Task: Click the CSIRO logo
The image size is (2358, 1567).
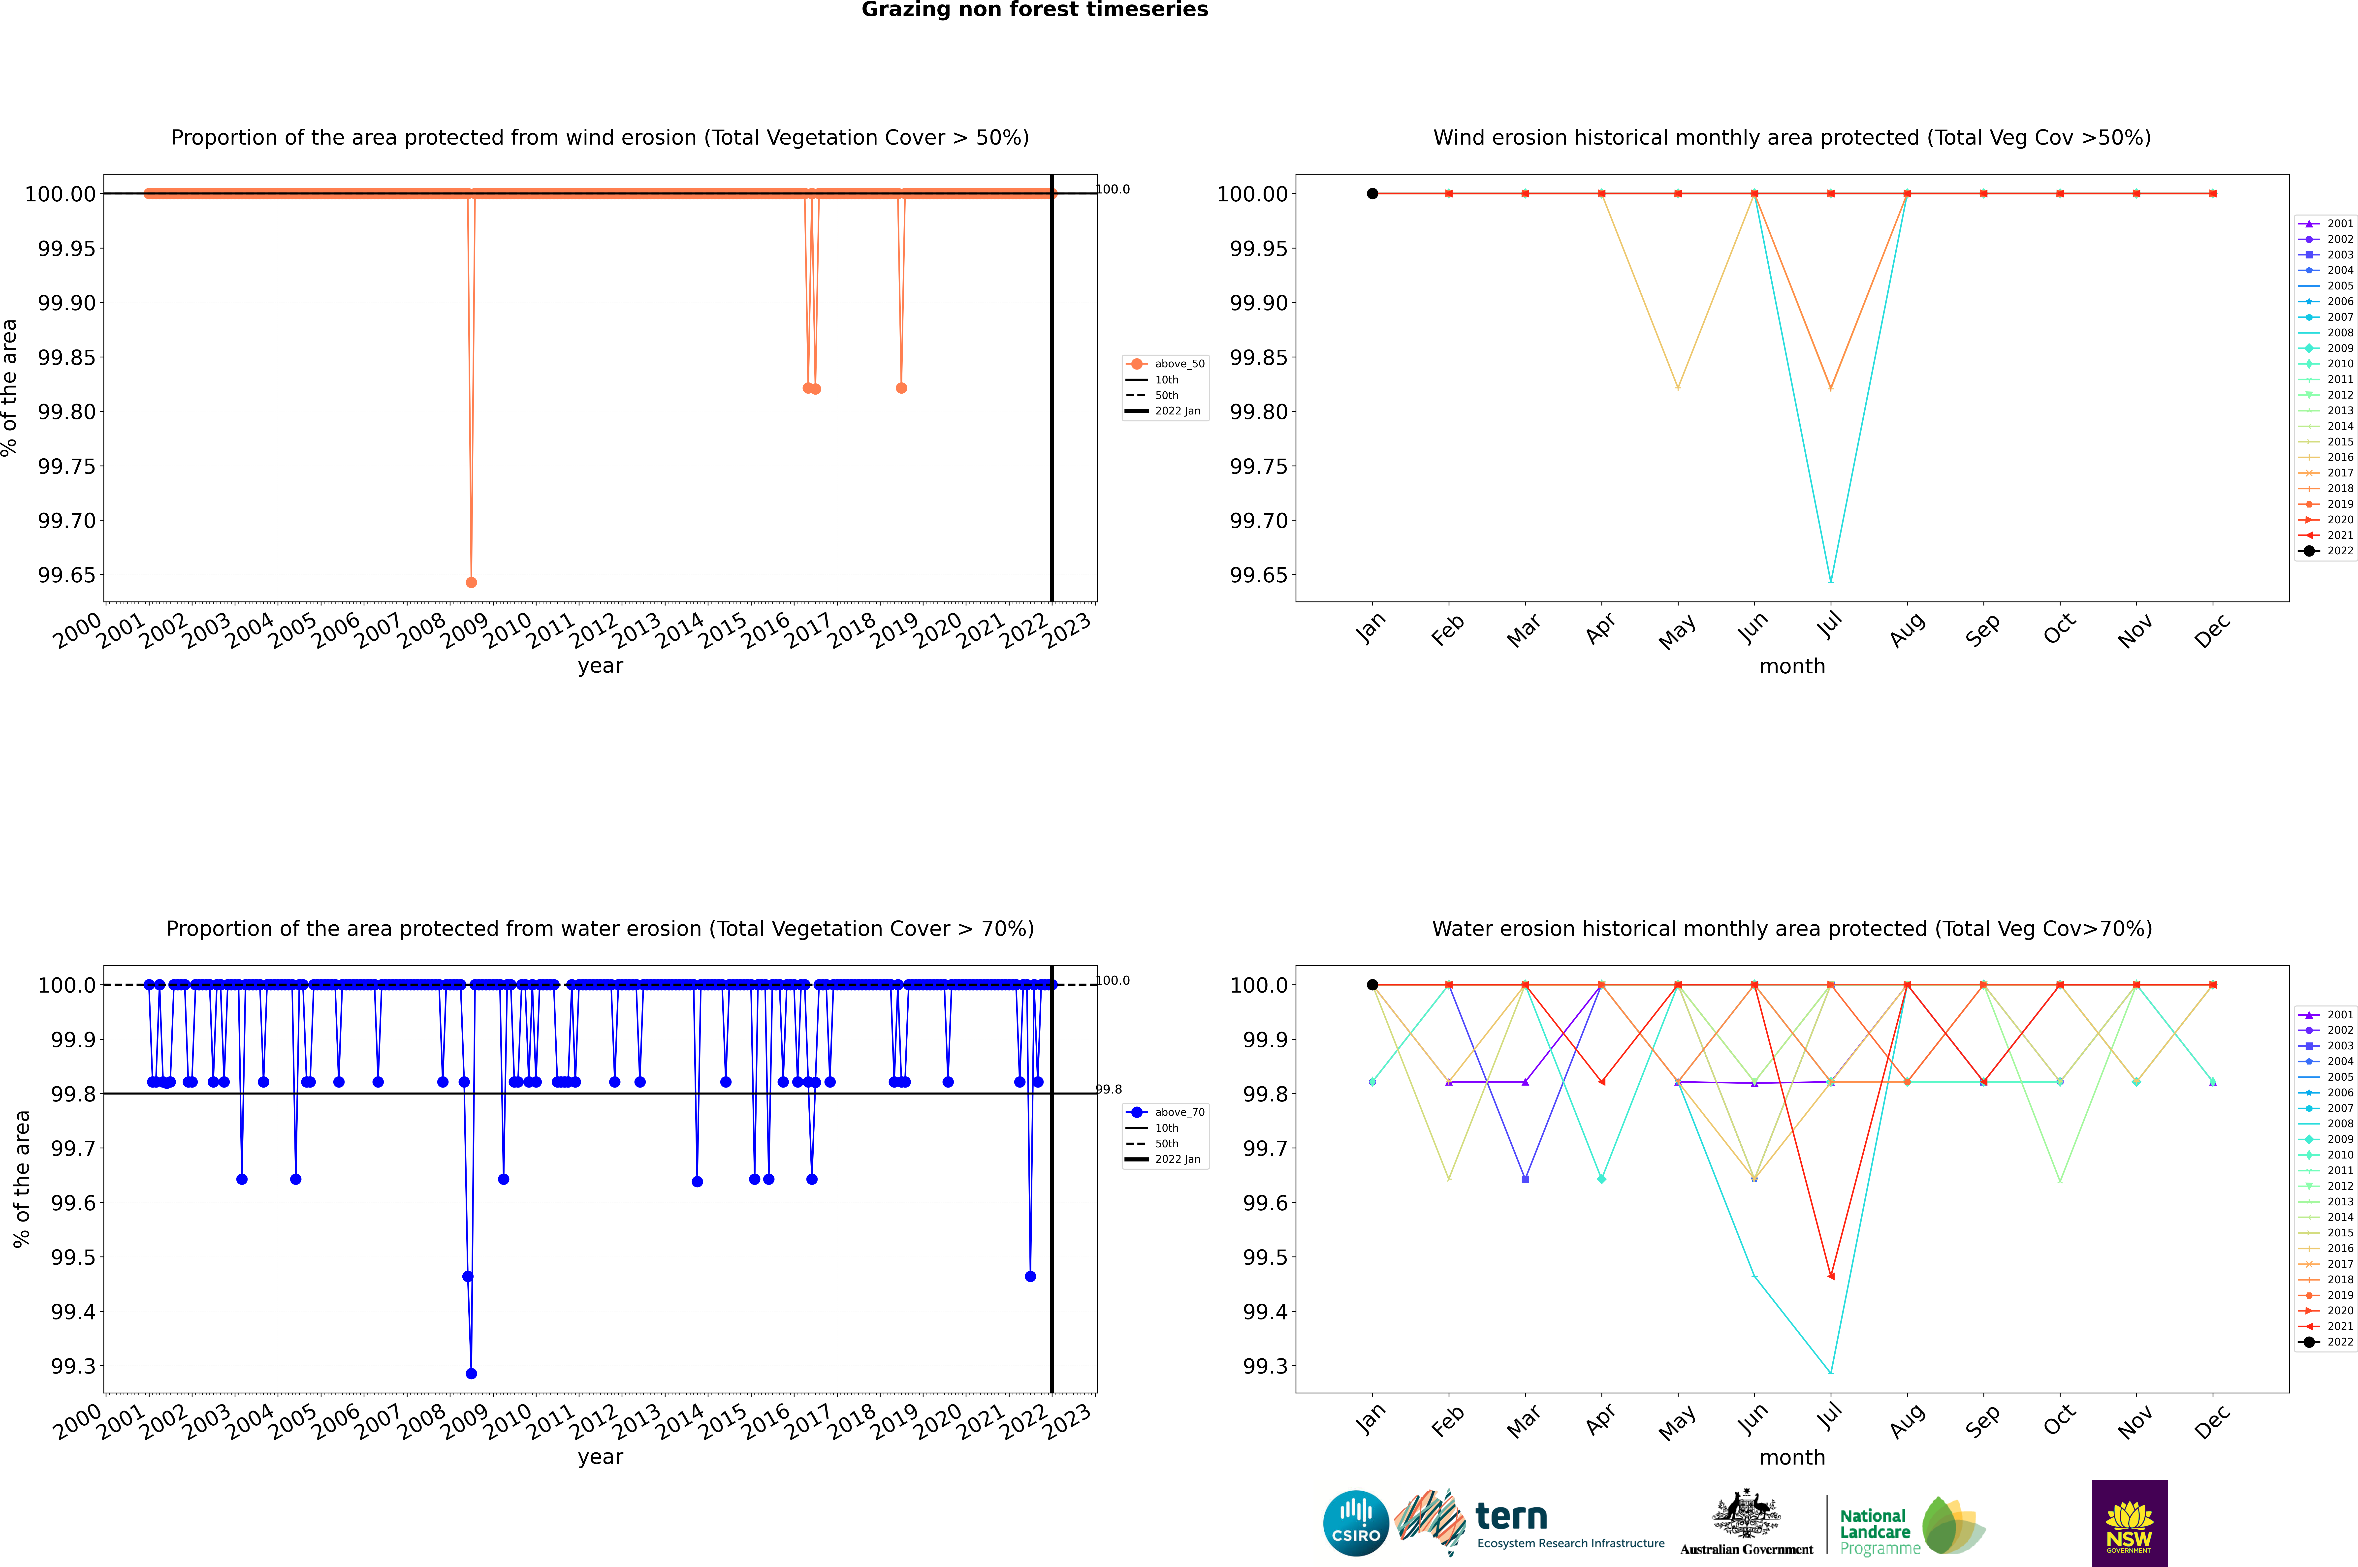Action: coord(1355,1523)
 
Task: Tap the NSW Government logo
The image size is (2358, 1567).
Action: coord(2129,1523)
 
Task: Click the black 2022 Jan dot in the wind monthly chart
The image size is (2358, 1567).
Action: coord(1372,194)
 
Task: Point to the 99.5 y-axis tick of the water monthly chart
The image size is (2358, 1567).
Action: coord(1267,1257)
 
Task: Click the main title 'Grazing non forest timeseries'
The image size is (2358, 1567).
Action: coord(1035,10)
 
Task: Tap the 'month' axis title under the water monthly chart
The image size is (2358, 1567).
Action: coord(1791,1457)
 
